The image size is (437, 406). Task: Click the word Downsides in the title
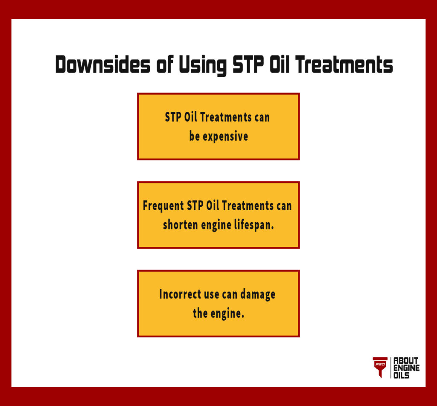(x=103, y=65)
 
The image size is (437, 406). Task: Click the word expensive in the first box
(x=226, y=137)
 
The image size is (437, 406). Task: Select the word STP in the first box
(x=173, y=117)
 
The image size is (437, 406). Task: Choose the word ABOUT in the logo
(x=406, y=361)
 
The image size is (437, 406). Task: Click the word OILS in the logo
(x=402, y=375)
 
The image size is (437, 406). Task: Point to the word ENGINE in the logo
(x=406, y=368)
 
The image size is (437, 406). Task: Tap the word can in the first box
(x=261, y=117)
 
